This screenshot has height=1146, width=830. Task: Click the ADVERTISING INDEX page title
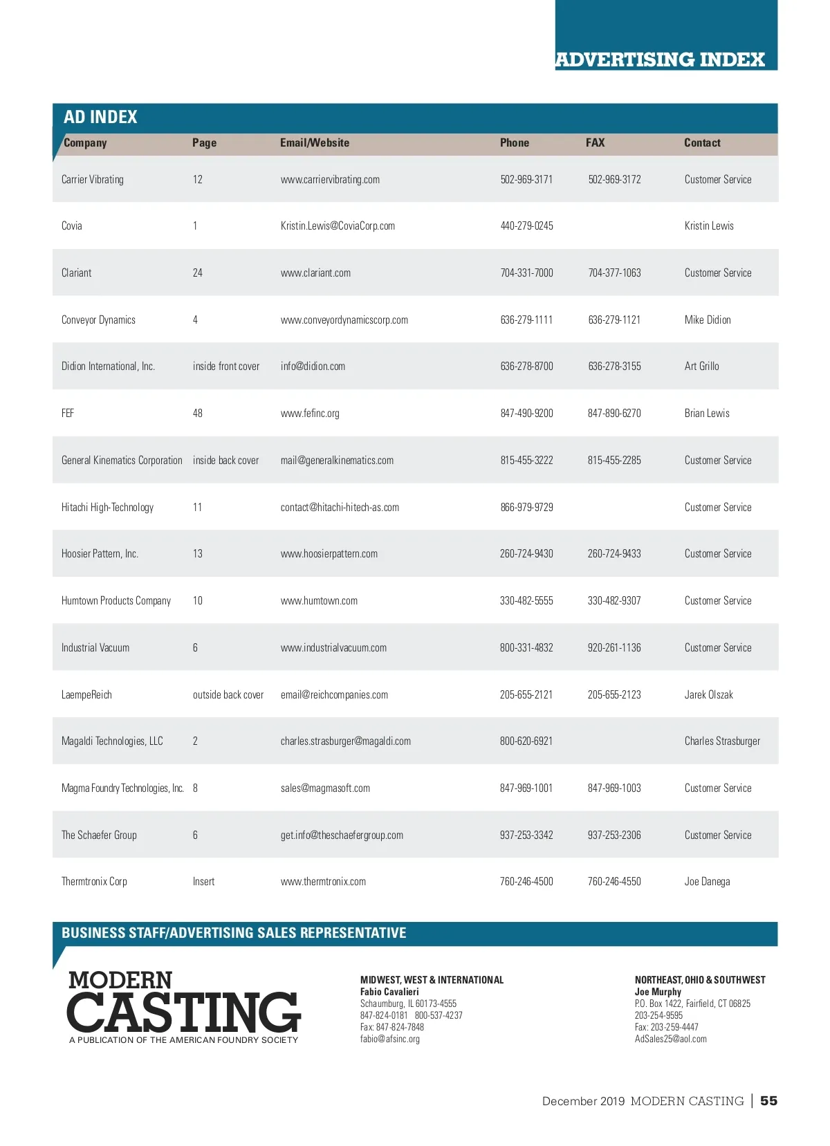660,59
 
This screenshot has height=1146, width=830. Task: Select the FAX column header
595,143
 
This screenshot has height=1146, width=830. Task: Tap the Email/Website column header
315,143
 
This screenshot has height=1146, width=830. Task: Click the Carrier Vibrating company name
93,180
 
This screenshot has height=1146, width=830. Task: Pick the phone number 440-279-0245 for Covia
526,226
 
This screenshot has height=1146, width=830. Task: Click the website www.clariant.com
315,273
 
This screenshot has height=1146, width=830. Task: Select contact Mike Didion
708,320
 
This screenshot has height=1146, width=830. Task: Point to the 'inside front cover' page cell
226,367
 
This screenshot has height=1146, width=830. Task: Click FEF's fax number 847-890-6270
614,414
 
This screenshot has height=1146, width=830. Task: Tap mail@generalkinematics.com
337,461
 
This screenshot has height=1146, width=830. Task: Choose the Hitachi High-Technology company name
107,508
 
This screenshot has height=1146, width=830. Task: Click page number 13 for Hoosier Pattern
198,554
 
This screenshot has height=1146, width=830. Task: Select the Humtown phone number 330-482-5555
526,601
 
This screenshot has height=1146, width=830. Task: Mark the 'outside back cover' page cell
228,695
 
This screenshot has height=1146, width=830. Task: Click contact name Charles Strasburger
722,741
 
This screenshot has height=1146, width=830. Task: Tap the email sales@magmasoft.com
325,788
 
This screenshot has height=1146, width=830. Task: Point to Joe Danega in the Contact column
707,882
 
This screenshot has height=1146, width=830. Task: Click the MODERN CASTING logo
184,1006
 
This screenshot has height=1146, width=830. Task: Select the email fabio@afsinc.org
390,1039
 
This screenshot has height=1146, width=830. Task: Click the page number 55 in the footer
768,1101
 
